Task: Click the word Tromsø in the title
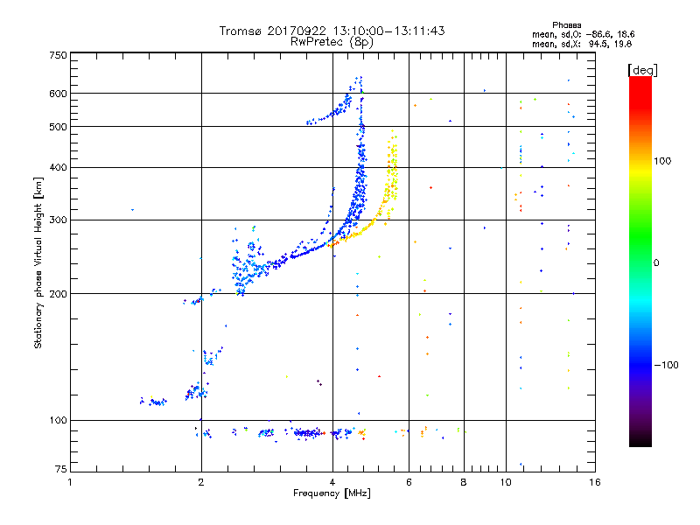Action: pos(241,31)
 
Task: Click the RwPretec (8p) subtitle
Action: pos(332,42)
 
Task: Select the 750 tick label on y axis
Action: pos(59,55)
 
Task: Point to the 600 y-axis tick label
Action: pos(59,94)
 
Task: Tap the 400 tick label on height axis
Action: pos(59,168)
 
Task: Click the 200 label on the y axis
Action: pos(59,294)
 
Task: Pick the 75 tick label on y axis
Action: pos(61,469)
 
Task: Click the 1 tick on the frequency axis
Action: pos(70,482)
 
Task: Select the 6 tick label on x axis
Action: pos(409,482)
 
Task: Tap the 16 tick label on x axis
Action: pos(595,482)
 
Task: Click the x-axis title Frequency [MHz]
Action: pos(332,493)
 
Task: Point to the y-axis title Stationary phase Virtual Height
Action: pos(38,263)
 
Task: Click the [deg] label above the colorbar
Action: pos(642,70)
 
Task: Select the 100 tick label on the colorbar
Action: pos(662,161)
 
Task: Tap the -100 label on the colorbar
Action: pos(666,365)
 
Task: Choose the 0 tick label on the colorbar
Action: pos(656,263)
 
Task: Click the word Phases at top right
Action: pos(566,25)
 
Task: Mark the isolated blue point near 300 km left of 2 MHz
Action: pos(132,210)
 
